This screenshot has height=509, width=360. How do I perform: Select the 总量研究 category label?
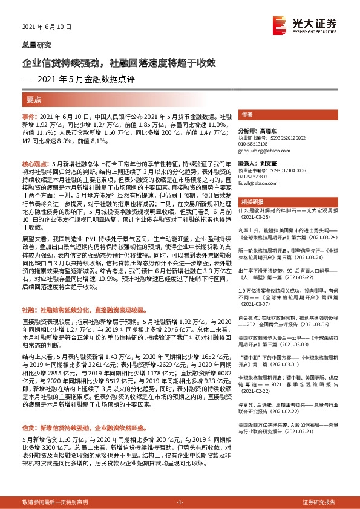pos(36,45)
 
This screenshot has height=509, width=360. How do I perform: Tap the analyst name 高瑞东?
pos(266,130)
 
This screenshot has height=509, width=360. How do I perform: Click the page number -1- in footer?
pos(179,502)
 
